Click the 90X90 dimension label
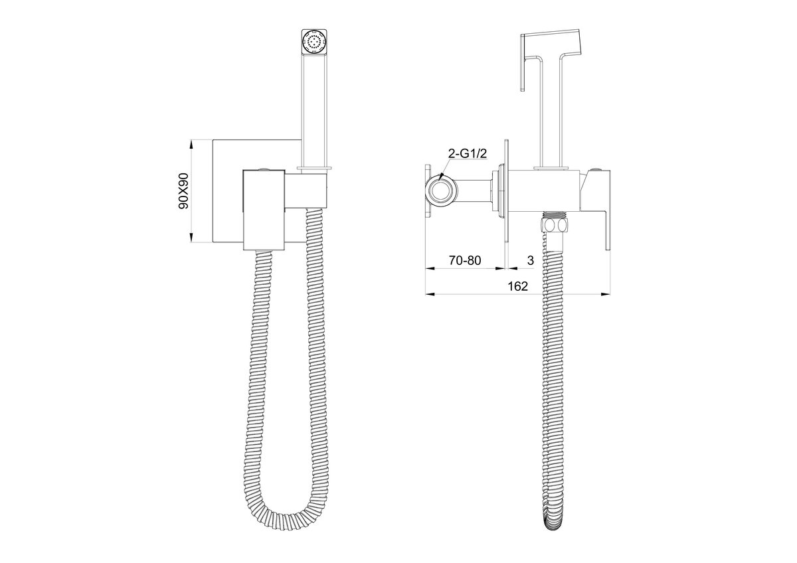pyautogui.click(x=183, y=191)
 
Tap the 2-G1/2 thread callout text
pyautogui.click(x=467, y=153)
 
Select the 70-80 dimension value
pyautogui.click(x=465, y=260)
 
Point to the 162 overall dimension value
pyautogui.click(x=517, y=286)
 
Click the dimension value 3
pyautogui.click(x=531, y=260)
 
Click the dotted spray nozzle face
pyautogui.click(x=314, y=42)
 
